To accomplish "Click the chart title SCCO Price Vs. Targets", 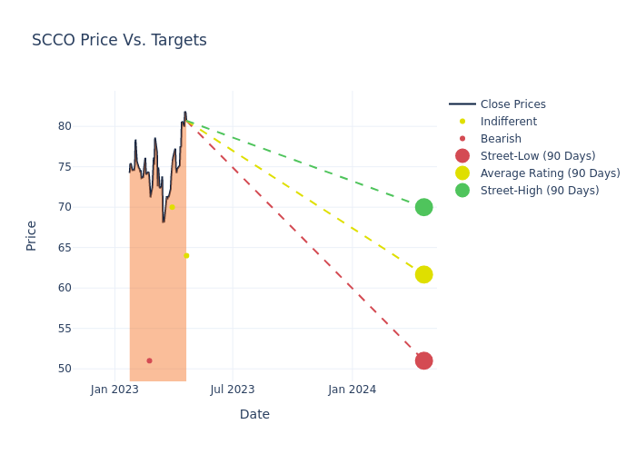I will [119, 40].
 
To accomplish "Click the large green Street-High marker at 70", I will [423, 207].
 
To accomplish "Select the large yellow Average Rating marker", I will [423, 274].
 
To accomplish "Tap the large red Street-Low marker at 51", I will [423, 360].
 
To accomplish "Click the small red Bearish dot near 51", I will [149, 360].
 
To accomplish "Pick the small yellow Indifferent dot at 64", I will [186, 256].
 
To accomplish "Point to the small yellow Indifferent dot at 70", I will [172, 207].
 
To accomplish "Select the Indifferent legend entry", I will [508, 122].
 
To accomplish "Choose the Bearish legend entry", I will [501, 139].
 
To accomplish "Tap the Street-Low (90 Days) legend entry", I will [538, 156].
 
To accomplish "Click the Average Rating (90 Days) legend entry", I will [550, 173].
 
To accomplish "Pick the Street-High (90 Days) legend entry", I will [540, 191].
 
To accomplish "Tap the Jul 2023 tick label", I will [233, 390].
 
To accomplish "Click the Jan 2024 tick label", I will [352, 390].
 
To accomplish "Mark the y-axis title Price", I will [32, 235].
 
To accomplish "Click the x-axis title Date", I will [254, 414].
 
